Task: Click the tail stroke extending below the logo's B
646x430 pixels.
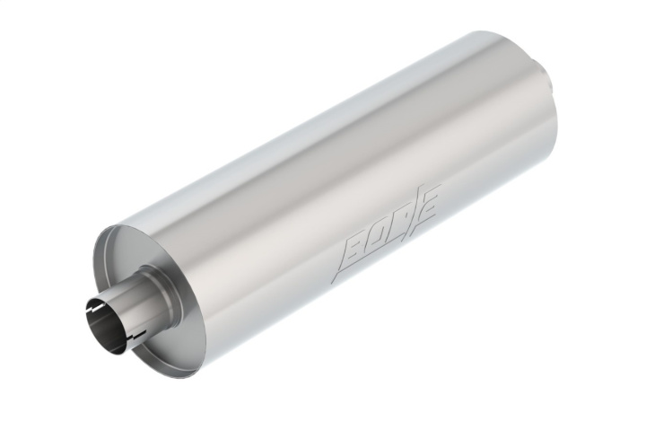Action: coord(340,270)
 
